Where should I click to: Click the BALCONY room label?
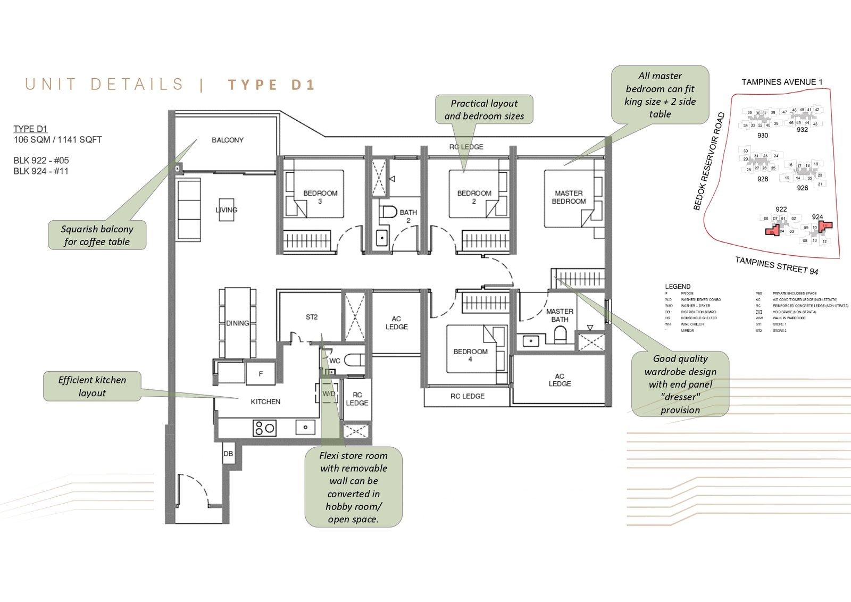[x=227, y=140]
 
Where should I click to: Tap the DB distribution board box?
[x=228, y=454]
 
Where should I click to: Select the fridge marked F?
[x=261, y=374]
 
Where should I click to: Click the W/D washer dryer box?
[x=329, y=394]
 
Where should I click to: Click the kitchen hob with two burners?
[x=264, y=428]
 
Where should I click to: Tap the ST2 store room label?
[x=312, y=317]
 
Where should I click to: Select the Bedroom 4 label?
[x=470, y=355]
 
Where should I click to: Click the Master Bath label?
[x=560, y=315]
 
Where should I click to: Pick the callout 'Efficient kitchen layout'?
[x=92, y=386]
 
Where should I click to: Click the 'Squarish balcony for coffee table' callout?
[x=97, y=235]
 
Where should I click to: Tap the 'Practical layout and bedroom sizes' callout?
[x=484, y=110]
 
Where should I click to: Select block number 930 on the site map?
[x=763, y=136]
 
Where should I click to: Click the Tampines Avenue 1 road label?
[x=782, y=82]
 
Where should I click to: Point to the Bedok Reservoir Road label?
[x=709, y=161]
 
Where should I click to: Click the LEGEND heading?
[x=678, y=286]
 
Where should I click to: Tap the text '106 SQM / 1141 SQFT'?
[x=57, y=140]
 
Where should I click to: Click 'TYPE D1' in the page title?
[x=271, y=85]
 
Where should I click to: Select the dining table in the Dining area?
[x=237, y=323]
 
